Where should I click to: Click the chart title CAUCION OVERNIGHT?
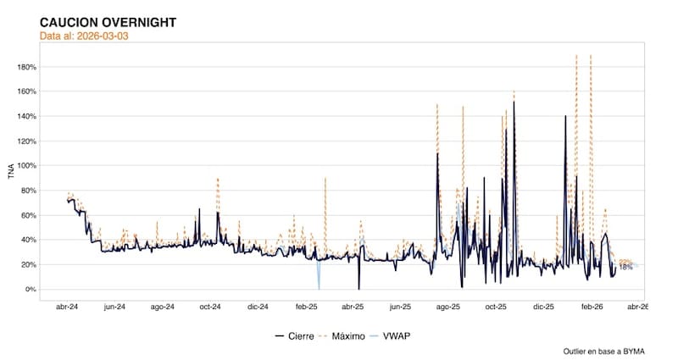click(x=108, y=22)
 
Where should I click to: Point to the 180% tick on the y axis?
click(x=30, y=67)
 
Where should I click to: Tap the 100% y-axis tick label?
click(x=30, y=166)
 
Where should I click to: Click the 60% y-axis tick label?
click(x=31, y=215)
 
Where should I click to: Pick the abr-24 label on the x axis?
click(x=68, y=307)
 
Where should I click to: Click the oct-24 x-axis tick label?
click(x=210, y=307)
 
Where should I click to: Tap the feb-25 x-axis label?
click(x=306, y=307)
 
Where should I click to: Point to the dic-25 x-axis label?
click(x=543, y=307)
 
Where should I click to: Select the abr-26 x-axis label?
click(x=637, y=307)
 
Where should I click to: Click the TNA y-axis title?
click(x=11, y=173)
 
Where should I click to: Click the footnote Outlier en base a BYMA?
click(x=603, y=351)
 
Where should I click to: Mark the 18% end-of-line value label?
click(x=625, y=268)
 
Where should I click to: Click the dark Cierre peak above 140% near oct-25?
click(x=514, y=103)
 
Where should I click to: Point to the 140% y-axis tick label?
click(x=30, y=116)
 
